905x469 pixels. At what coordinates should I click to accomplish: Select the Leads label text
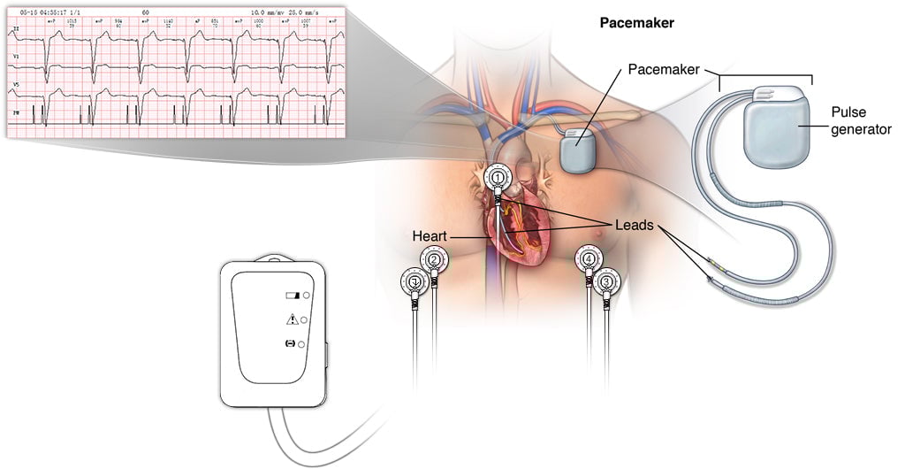click(635, 226)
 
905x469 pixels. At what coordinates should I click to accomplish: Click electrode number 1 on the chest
click(499, 178)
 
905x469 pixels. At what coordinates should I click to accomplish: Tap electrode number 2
click(433, 260)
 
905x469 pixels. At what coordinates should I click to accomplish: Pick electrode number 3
click(606, 282)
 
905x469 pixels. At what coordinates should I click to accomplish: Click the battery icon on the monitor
click(292, 296)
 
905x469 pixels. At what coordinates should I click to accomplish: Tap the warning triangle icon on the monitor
click(291, 319)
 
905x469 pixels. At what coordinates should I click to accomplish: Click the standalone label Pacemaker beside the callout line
click(665, 68)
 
